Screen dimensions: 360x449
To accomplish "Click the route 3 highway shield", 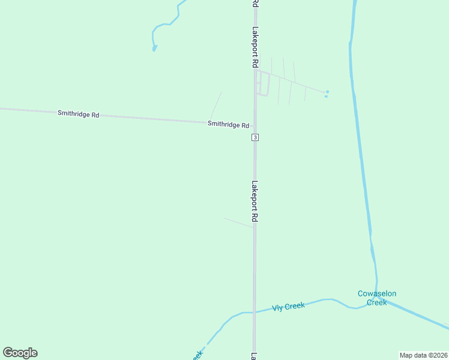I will pyautogui.click(x=255, y=137).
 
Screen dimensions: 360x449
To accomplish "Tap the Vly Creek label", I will pyautogui.click(x=288, y=307).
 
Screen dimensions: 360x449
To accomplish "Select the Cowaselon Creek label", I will pyautogui.click(x=377, y=298).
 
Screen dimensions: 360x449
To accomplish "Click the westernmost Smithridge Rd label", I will pyautogui.click(x=78, y=113).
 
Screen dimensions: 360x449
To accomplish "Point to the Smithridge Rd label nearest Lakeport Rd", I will pyautogui.click(x=228, y=125).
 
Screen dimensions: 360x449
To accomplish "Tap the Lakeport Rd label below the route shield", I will pyautogui.click(x=255, y=202).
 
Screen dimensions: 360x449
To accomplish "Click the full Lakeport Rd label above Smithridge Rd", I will pyautogui.click(x=255, y=47).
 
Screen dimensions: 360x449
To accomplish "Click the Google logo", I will pyautogui.click(x=20, y=353).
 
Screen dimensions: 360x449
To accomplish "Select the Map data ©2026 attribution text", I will pyautogui.click(x=423, y=355).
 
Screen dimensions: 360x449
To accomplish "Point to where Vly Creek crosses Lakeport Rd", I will pyautogui.click(x=255, y=312).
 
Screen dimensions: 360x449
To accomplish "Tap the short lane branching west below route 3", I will pyautogui.click(x=238, y=223).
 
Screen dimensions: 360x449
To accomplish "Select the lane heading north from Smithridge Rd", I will pyautogui.click(x=215, y=106).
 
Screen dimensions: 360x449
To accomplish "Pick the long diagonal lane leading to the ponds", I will pyautogui.click(x=294, y=83).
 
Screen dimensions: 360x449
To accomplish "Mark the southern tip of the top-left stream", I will pyautogui.click(x=154, y=48).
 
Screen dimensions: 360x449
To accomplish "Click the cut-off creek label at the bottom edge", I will pyautogui.click(x=197, y=355).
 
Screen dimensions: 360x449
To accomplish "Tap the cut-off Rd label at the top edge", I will pyautogui.click(x=255, y=4).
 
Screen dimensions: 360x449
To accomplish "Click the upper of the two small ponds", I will pyautogui.click(x=327, y=92).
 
